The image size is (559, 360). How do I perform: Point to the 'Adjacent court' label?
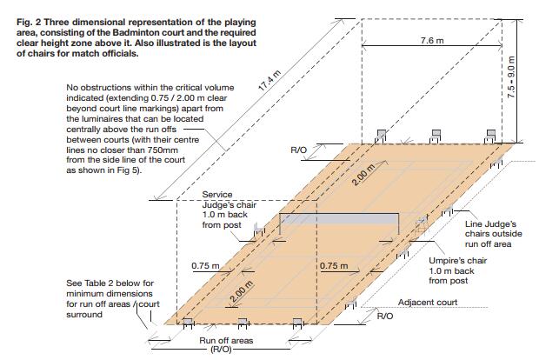pyautogui.click(x=427, y=303)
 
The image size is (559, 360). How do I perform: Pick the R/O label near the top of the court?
pyautogui.click(x=297, y=150)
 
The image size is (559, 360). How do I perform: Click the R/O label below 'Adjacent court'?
pyautogui.click(x=383, y=317)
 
